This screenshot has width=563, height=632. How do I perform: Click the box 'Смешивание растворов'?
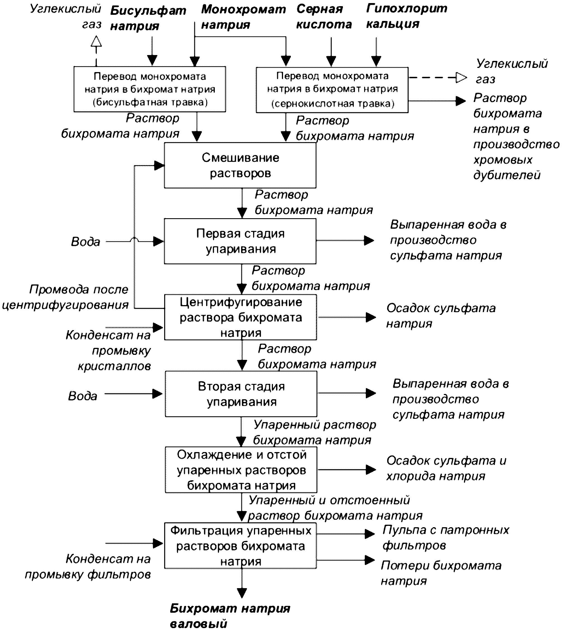point(240,165)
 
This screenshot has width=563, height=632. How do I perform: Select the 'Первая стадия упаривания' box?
point(240,241)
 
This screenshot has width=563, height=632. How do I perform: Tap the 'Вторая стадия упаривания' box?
point(241,394)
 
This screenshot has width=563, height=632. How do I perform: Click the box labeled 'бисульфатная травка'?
point(150,89)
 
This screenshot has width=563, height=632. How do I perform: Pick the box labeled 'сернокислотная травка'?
point(332,90)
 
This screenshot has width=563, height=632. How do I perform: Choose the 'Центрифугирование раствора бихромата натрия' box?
point(241,317)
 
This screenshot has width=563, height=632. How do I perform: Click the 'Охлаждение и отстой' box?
point(241,470)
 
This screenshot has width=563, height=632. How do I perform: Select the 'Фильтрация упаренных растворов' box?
point(241,546)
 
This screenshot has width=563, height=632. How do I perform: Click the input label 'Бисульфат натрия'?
point(148,18)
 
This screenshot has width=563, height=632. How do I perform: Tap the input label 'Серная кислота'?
point(324,17)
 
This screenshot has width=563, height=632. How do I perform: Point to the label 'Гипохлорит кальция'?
point(407,16)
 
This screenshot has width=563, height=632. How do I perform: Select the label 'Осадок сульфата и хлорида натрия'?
point(446,469)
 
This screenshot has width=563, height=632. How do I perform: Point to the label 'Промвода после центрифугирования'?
point(65,297)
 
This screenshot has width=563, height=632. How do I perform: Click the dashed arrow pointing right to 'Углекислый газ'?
point(438,78)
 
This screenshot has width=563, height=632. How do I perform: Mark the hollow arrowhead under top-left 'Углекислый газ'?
point(96,41)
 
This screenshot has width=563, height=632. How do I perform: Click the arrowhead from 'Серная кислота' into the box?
point(331,61)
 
